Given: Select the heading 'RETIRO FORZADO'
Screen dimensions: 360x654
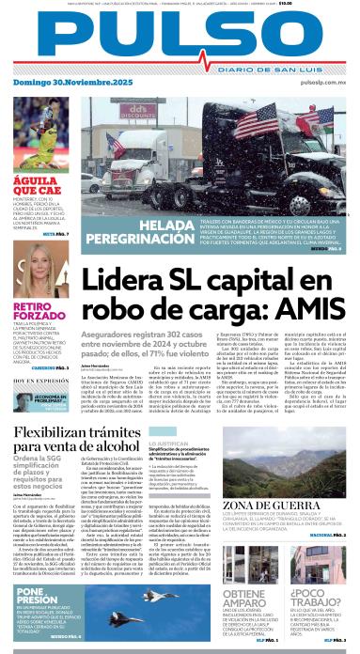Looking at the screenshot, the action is [35, 312].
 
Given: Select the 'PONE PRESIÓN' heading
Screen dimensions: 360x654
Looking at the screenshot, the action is [37, 595].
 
